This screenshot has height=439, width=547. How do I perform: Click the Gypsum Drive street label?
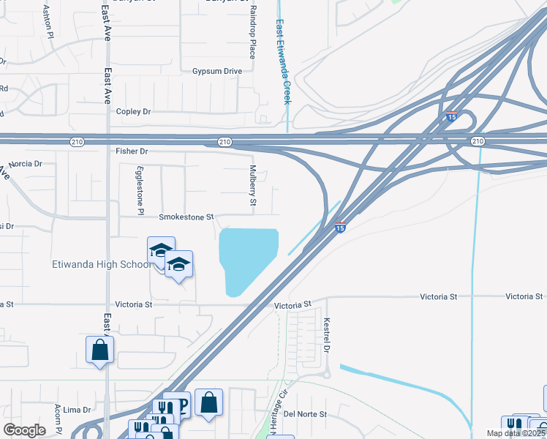pos(216,71)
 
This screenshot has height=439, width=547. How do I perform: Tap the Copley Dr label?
pos(133,112)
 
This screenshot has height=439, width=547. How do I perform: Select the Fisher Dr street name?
pos(132,151)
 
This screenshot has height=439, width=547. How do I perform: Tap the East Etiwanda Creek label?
pos(283,61)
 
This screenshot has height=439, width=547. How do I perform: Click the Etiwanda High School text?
pos(101,265)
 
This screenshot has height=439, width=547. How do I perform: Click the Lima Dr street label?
pos(76,410)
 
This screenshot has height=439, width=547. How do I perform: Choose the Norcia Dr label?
pos(26,163)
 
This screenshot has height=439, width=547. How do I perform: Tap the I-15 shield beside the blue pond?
pos(340,228)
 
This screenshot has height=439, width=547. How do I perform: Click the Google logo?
pos(24,430)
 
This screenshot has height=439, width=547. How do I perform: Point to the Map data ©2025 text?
pos(516,433)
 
